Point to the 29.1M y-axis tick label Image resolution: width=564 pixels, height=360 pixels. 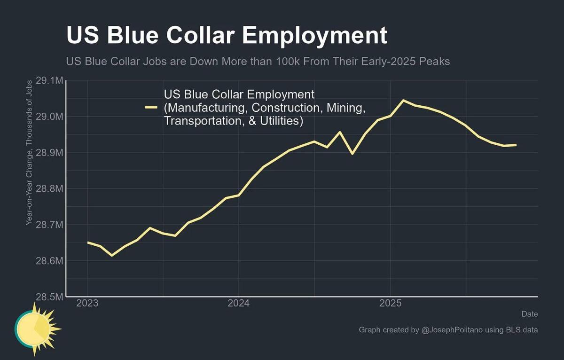click(49, 81)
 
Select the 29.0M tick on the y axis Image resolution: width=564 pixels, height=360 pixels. click(49, 117)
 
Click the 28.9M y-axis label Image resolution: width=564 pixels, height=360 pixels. click(49, 153)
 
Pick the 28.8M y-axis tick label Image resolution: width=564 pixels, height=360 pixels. click(49, 188)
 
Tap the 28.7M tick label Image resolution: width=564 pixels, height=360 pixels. click(49, 225)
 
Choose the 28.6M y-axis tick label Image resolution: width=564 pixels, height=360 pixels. click(49, 260)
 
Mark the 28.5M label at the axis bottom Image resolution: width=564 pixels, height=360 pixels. click(49, 297)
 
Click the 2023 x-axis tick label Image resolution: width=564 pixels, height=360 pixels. click(87, 304)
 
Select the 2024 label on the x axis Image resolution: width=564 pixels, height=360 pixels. click(239, 304)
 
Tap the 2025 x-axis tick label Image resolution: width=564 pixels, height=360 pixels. click(390, 304)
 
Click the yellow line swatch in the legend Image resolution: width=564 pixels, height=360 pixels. click(151, 108)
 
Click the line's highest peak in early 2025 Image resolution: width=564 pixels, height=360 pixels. click(403, 100)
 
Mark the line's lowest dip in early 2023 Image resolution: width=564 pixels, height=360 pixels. click(112, 255)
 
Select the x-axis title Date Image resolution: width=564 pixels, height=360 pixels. click(530, 313)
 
